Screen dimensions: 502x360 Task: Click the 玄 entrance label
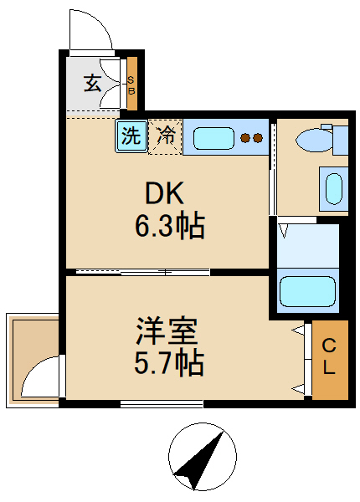point(92,83)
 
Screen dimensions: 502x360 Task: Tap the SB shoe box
point(131,83)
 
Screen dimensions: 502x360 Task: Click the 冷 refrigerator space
point(166,136)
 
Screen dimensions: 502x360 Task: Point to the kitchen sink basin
point(209,136)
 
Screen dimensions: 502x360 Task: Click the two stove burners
point(250,138)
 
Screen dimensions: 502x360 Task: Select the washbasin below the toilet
point(332,187)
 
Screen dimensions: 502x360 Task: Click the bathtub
point(307,291)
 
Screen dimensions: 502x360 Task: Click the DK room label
point(165,193)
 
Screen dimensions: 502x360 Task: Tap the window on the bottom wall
point(162,404)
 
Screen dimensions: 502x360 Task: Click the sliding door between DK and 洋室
point(142,271)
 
